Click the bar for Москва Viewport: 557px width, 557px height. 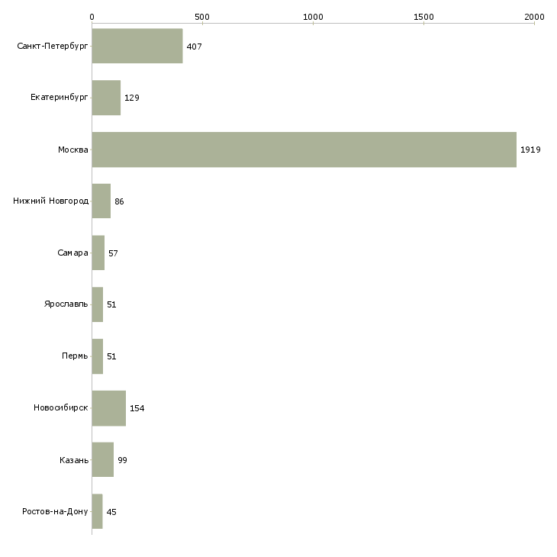coord(304,150)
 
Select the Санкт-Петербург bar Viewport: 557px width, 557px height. coord(137,46)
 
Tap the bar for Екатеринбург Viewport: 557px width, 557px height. coord(106,98)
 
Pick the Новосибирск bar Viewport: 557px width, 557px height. coord(108,408)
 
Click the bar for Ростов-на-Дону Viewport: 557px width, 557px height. coord(98,511)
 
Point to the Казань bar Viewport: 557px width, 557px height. coord(103,459)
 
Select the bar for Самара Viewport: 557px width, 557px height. coord(98,253)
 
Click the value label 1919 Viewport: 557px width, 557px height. coord(530,150)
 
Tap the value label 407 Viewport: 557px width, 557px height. coord(194,47)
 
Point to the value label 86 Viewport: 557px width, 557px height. coord(119,201)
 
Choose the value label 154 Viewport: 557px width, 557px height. coord(137,408)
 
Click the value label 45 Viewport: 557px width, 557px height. coord(111,512)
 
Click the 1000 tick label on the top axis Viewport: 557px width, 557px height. coord(313,17)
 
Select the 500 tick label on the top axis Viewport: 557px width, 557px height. coord(202,17)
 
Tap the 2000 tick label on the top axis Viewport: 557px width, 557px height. coord(534,17)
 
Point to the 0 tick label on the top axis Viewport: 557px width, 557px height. coord(92,17)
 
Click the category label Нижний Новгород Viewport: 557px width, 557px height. coord(51,201)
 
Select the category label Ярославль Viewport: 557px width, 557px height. coord(66,304)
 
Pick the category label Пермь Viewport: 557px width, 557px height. coord(75,356)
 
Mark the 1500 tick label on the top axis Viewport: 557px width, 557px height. coord(423,17)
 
